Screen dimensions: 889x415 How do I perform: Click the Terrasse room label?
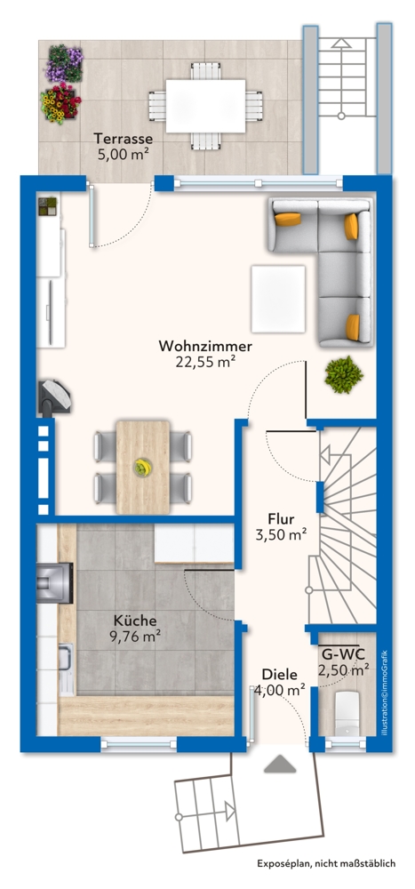(x=124, y=139)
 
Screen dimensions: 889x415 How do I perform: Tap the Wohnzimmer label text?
(x=205, y=346)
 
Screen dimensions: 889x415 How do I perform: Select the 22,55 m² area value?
(x=205, y=361)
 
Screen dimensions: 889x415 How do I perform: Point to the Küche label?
(x=135, y=621)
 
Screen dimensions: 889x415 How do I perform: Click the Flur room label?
(x=281, y=519)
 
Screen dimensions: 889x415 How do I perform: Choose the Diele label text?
(x=279, y=675)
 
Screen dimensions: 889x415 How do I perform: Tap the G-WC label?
(x=343, y=655)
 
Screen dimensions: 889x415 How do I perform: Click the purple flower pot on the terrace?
(x=64, y=62)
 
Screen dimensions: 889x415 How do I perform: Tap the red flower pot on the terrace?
(x=60, y=103)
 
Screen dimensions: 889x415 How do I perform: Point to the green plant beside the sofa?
(x=342, y=374)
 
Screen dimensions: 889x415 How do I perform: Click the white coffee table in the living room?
(x=279, y=297)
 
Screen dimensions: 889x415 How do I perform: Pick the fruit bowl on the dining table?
(x=141, y=467)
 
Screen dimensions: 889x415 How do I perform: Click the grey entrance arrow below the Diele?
(x=278, y=764)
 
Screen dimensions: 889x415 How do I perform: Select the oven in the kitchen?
(x=49, y=582)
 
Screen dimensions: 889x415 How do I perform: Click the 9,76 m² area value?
(x=135, y=636)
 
